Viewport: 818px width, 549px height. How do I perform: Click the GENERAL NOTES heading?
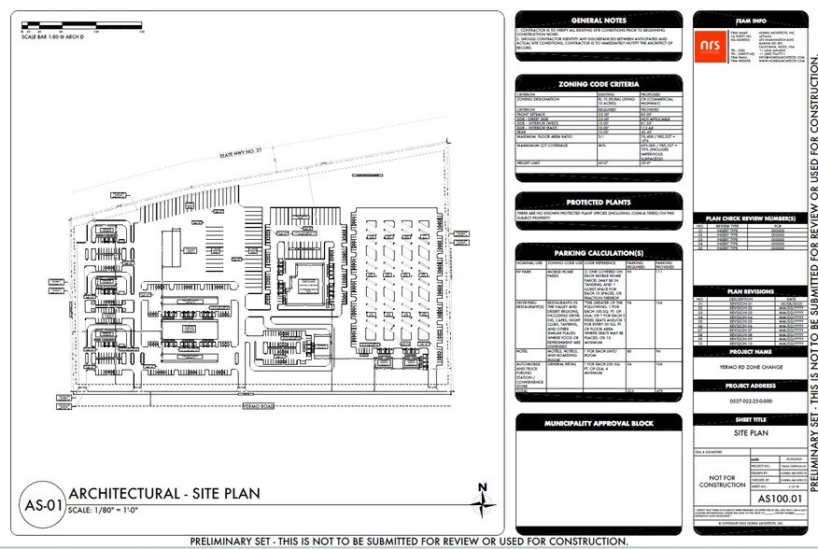point(599,20)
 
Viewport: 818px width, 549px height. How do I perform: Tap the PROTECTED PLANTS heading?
point(599,202)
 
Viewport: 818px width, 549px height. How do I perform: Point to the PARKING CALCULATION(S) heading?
point(599,253)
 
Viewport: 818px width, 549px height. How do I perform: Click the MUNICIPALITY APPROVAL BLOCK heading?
point(599,425)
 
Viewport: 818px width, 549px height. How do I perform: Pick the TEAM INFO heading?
point(749,19)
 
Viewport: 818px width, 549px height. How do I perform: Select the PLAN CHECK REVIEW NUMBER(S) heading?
point(749,218)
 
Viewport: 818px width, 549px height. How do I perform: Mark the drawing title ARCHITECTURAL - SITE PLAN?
point(163,494)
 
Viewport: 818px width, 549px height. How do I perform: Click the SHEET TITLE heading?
point(749,421)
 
